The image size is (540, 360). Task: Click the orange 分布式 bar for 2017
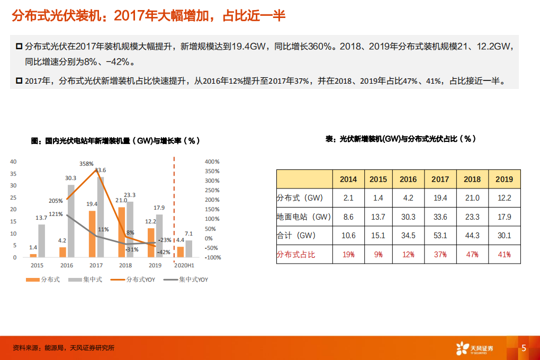(92, 233)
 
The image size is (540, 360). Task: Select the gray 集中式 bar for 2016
(71, 221)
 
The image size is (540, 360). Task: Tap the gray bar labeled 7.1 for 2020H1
(189, 248)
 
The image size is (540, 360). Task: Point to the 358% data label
(86, 164)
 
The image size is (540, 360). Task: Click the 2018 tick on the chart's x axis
(125, 265)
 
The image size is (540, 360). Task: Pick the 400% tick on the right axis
(212, 161)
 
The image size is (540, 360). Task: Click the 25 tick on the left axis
(14, 197)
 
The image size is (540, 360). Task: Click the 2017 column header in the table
(440, 179)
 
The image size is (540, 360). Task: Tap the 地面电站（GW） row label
(303, 217)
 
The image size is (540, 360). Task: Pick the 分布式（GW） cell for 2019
(504, 198)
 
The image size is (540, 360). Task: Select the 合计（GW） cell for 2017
(440, 236)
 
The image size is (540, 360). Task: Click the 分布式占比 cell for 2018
(472, 255)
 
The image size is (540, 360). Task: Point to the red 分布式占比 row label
(296, 255)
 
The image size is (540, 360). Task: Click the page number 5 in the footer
(524, 348)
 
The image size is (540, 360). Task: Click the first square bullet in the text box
(19, 47)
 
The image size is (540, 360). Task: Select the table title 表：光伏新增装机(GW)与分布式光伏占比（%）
(400, 139)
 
